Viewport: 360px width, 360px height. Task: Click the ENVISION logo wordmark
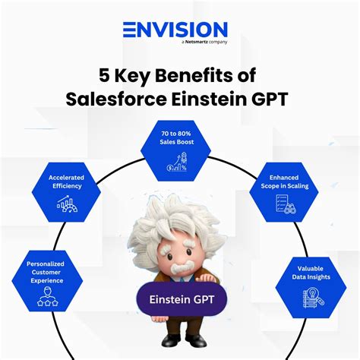[x=175, y=30]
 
